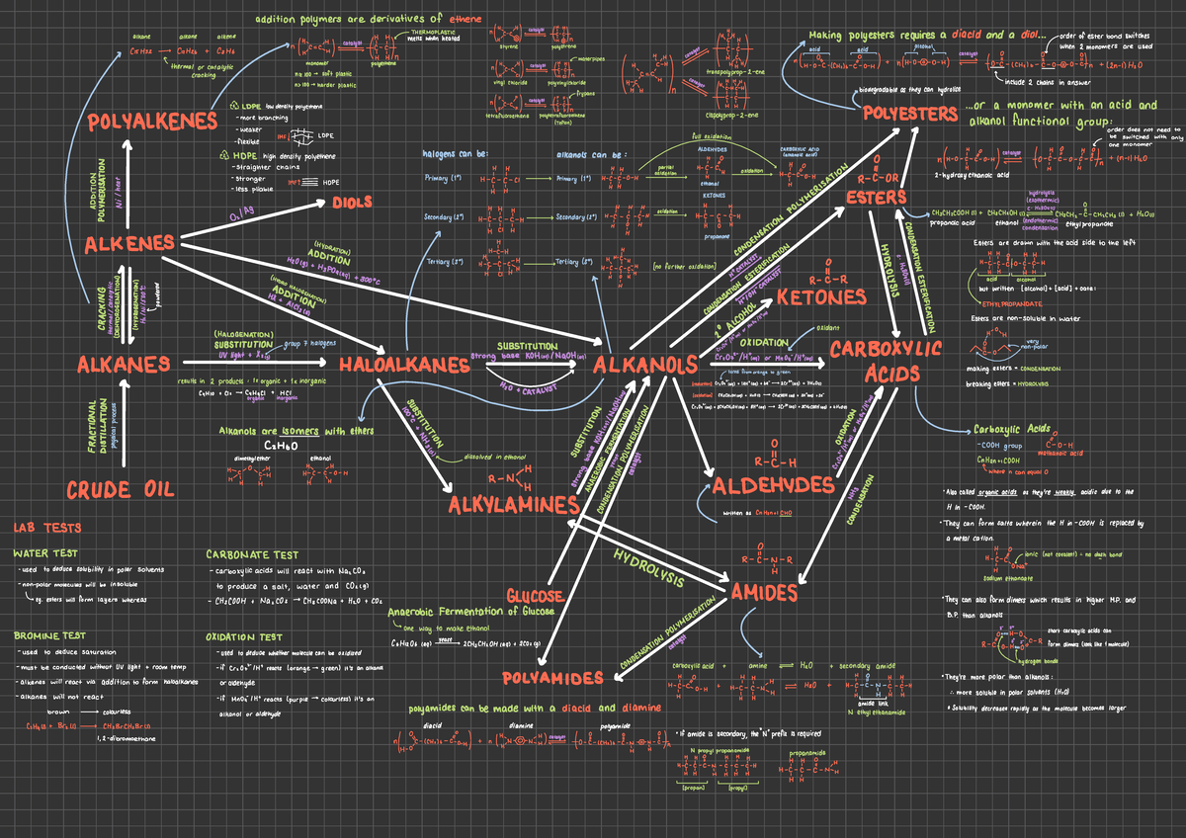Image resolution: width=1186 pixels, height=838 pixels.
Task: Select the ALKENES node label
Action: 129,243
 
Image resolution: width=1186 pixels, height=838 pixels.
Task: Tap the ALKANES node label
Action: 124,365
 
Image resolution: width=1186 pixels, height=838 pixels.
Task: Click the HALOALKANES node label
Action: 403,365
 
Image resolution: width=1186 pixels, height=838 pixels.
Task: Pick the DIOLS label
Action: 352,203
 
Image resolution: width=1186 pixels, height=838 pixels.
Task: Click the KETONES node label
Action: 821,296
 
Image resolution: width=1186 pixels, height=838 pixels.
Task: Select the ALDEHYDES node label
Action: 773,485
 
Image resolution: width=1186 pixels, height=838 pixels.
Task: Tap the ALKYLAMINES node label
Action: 513,505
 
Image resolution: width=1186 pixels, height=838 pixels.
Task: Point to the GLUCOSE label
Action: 535,596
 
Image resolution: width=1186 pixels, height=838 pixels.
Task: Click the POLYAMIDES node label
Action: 552,678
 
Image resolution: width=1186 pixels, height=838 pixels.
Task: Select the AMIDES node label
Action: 764,592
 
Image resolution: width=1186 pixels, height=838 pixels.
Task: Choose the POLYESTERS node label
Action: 909,114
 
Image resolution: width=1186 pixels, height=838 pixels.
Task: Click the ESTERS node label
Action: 876,198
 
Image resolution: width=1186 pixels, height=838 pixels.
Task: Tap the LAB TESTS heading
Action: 47,528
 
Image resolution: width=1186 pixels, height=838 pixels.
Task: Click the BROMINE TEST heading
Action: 50,636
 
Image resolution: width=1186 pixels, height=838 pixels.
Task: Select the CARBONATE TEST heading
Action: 252,554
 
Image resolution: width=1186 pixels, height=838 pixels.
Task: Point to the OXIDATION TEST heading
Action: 244,637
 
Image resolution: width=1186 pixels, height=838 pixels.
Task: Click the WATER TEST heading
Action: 45,554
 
